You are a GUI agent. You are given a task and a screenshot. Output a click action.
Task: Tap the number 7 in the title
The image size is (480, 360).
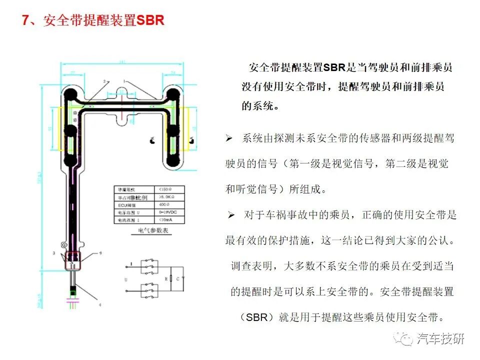26,21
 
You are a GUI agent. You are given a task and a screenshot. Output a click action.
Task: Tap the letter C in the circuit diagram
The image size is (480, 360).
177,278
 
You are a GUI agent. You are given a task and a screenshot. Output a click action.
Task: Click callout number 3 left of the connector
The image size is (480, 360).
53,254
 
